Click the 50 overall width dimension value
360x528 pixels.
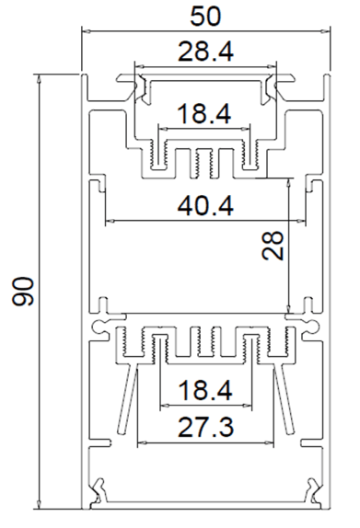(x=205, y=17)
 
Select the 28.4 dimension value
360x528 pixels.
(x=205, y=52)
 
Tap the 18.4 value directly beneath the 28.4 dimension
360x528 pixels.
(x=204, y=114)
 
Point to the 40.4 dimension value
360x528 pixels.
(x=205, y=206)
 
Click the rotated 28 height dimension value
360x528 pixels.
(x=273, y=245)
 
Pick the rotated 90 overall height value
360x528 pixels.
(x=23, y=292)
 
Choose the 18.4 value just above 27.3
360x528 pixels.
(x=205, y=390)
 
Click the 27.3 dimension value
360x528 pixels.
(x=205, y=427)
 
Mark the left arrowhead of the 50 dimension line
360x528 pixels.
(x=87, y=31)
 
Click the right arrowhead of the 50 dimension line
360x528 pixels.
(x=326, y=31)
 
